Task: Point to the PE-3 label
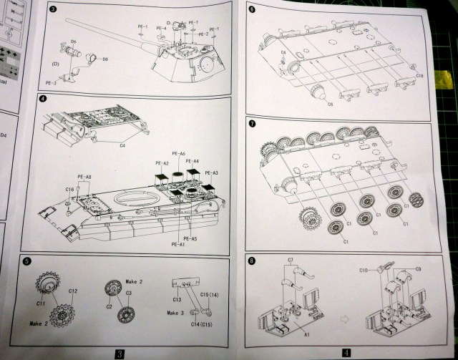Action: (51, 83)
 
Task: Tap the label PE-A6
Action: (177, 154)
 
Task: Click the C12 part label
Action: (73, 291)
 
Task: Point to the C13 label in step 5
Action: (177, 299)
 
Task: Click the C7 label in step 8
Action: (291, 258)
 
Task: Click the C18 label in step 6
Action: (419, 75)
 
